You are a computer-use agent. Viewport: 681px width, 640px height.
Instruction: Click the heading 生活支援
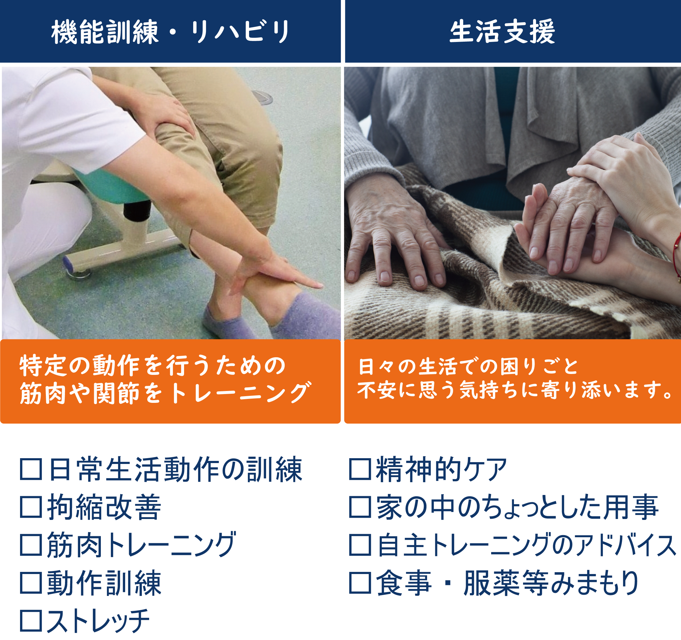[502, 32]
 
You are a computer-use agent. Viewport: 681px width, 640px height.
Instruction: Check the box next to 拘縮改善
[31, 507]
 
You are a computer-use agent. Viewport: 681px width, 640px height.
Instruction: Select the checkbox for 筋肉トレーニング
[31, 545]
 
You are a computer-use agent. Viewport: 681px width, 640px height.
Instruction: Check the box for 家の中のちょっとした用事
[360, 507]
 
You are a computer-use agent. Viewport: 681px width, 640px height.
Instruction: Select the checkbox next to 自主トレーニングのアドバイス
[360, 545]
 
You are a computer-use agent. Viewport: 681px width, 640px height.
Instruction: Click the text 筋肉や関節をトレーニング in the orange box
[166, 393]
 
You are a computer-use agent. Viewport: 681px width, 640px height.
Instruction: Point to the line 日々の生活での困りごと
[468, 366]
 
